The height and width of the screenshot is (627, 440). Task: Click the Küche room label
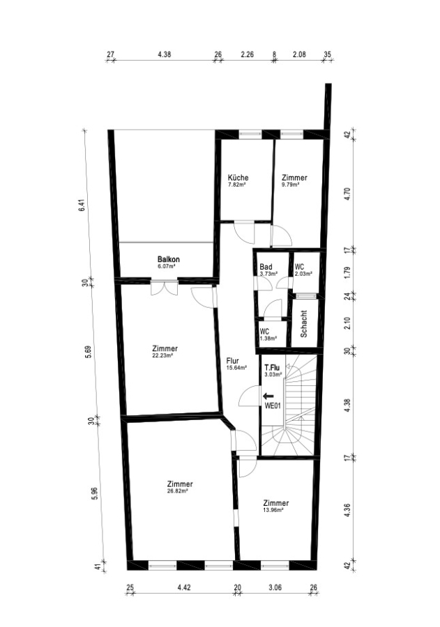(x=238, y=178)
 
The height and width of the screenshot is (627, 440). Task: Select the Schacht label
(x=303, y=324)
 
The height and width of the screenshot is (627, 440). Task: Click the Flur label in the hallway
(x=233, y=361)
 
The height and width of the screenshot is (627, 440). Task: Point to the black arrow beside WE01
(x=268, y=396)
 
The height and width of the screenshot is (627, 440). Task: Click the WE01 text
(x=273, y=405)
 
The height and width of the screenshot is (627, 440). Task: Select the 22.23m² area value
(x=162, y=355)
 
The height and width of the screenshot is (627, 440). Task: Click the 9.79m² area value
(x=290, y=185)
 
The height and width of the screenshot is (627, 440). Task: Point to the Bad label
(x=266, y=267)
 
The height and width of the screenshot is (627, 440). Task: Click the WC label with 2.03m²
(x=299, y=267)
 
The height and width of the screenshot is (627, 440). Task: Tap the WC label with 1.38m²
(x=264, y=332)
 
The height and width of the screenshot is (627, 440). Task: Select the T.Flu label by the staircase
(x=272, y=367)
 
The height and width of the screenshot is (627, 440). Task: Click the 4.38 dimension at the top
(x=164, y=54)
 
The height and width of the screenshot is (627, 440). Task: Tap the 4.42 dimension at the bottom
(x=184, y=587)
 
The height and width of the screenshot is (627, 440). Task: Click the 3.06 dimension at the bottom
(x=275, y=587)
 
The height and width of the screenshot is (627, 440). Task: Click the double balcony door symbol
(x=164, y=287)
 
